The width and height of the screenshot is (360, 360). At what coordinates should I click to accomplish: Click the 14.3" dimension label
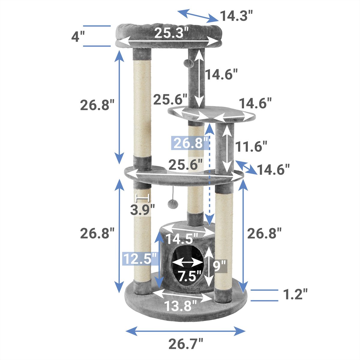[x=236, y=16]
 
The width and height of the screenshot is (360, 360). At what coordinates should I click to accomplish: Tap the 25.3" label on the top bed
[x=171, y=33]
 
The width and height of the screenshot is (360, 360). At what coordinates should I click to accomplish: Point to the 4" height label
[x=78, y=36]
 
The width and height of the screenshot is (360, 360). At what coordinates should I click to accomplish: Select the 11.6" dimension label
[x=251, y=146]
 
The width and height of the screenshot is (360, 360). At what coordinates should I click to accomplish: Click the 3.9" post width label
[x=142, y=210]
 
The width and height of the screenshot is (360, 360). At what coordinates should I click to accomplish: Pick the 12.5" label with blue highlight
[x=139, y=259]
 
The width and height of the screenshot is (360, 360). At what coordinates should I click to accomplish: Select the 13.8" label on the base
[x=180, y=306]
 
